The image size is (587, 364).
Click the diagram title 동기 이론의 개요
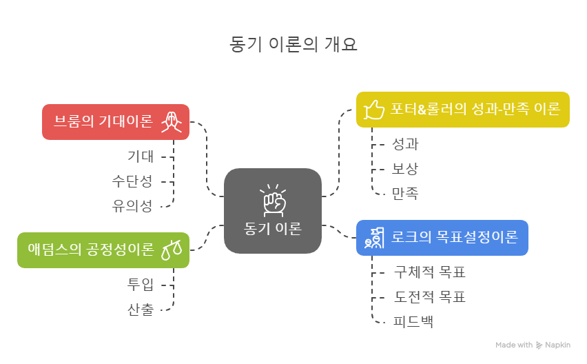293,44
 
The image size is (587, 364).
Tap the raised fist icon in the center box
273,201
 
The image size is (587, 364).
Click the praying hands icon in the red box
172,122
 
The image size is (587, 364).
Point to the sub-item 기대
141,156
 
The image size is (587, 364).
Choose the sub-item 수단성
132,181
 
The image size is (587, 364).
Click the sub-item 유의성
132,205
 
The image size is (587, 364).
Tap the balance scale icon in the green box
172,250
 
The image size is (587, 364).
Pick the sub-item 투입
141,284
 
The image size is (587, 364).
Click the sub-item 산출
141,309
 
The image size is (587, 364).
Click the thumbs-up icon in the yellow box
373,109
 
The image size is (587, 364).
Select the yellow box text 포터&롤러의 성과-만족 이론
475,109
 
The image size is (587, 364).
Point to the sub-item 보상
405,168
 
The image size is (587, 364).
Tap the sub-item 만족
405,193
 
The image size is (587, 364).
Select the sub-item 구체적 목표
430,272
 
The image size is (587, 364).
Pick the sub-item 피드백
413,321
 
